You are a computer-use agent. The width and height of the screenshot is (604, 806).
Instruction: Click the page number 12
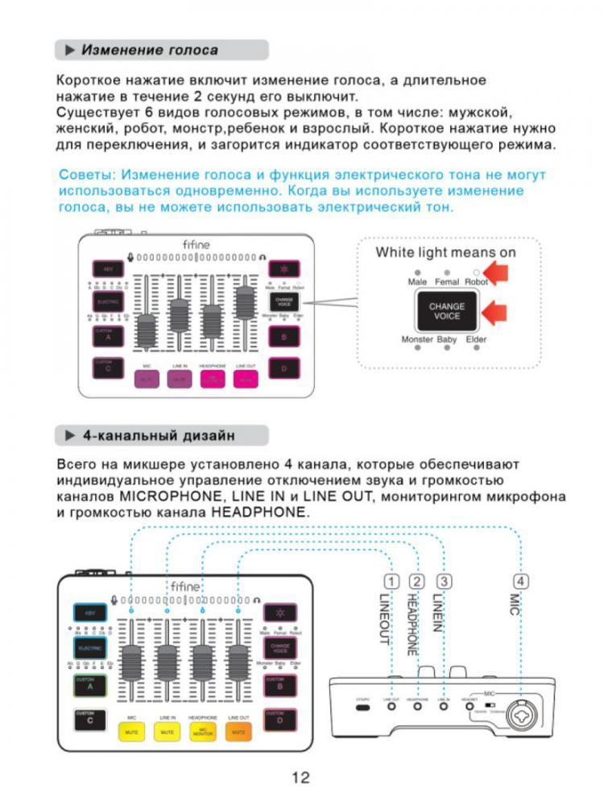click(x=300, y=777)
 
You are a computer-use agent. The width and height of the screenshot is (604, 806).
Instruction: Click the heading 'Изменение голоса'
click(x=150, y=50)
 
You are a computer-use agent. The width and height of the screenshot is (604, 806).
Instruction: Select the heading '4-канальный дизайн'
click(x=159, y=436)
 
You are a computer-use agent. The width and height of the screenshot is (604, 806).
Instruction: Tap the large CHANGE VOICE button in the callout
click(x=446, y=311)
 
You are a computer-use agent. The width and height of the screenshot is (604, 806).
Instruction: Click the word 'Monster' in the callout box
click(x=417, y=340)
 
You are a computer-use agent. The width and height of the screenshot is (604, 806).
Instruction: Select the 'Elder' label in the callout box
click(x=476, y=340)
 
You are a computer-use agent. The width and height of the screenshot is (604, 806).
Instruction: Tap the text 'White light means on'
click(x=445, y=252)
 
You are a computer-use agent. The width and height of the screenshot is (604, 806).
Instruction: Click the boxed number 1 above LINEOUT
click(x=391, y=582)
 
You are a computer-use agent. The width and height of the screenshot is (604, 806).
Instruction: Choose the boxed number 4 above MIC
click(x=522, y=582)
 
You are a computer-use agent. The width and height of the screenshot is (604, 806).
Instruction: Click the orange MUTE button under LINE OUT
click(x=238, y=731)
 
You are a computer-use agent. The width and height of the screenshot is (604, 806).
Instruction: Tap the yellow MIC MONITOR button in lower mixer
click(x=201, y=731)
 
